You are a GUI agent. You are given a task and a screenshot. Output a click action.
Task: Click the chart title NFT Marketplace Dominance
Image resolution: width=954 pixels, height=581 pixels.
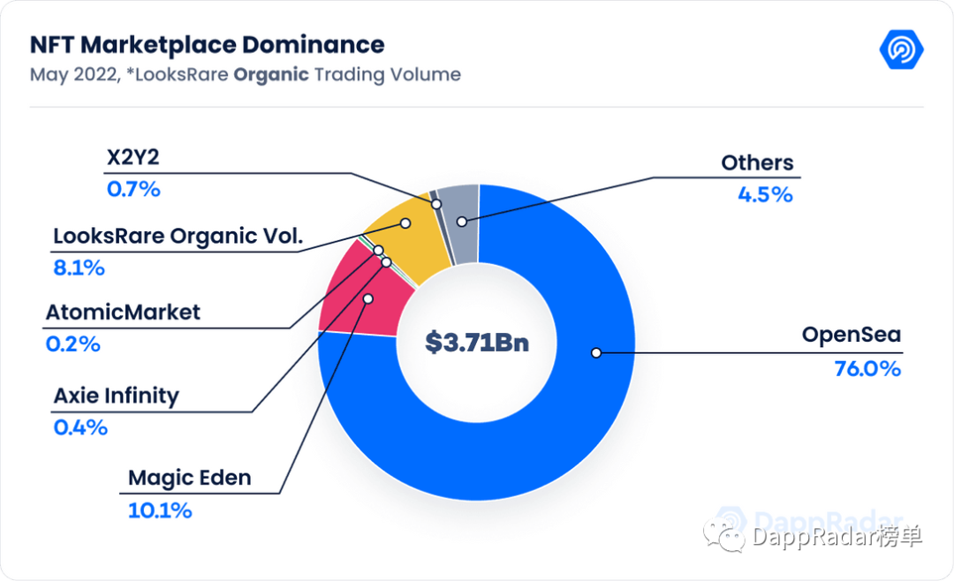coord(207,44)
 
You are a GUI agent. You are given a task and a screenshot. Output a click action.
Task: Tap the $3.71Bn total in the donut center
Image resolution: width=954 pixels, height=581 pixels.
coord(476,342)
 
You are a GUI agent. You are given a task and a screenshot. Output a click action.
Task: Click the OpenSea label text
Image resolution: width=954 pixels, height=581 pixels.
coord(851,336)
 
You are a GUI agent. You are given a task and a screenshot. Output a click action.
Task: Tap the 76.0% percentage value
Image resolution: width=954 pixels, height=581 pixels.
coord(867,368)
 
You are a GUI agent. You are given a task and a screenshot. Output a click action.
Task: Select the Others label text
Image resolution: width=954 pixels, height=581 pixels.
coord(757,162)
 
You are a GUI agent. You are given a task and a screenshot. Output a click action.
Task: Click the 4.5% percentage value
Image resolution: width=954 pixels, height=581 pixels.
coord(765,194)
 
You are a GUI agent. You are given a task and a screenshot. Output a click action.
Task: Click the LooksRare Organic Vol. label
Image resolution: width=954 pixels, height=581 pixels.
coord(178,236)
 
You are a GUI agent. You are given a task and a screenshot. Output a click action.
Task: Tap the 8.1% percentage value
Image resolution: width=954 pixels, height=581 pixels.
coord(79,268)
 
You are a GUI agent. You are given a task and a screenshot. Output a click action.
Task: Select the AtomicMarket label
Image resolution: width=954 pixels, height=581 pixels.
coord(123,312)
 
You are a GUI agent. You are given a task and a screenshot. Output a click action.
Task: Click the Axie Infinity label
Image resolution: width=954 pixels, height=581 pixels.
coord(116,396)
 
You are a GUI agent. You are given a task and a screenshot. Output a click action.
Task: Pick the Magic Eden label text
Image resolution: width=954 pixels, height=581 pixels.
coord(190,478)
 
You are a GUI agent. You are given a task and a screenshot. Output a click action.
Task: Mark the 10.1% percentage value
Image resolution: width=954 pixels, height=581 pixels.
coord(160,510)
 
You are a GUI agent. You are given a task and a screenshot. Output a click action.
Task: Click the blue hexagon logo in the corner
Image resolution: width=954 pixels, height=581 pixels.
coord(901,49)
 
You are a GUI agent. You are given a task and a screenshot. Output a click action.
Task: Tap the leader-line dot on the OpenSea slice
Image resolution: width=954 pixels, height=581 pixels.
coord(596,352)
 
